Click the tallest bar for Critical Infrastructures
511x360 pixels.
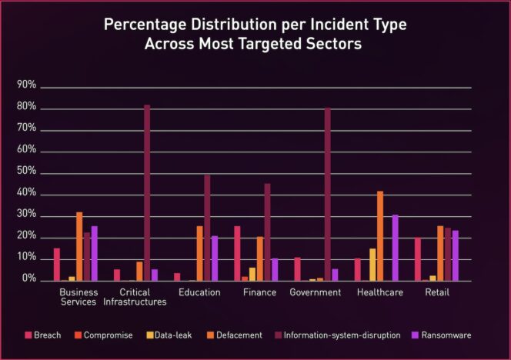click(147, 193)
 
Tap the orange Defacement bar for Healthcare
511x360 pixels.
click(380, 235)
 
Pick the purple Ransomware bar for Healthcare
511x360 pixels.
click(396, 248)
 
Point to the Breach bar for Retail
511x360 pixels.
click(418, 259)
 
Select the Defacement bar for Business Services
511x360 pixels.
click(79, 246)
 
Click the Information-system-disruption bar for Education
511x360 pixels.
click(207, 228)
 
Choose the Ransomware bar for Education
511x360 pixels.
click(215, 258)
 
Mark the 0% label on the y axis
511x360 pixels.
click(28, 281)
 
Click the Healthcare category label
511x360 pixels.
click(379, 292)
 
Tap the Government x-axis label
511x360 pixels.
click(316, 292)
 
